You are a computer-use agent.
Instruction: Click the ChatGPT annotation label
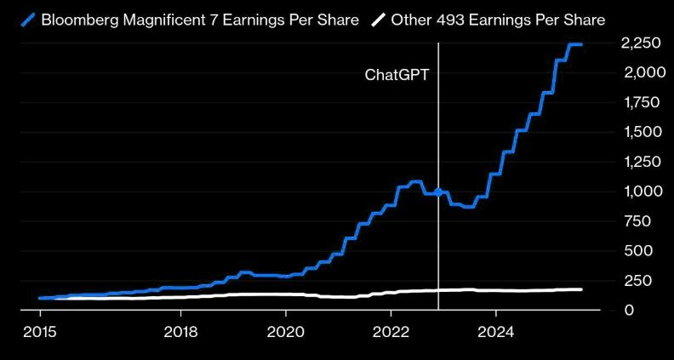coord(397,74)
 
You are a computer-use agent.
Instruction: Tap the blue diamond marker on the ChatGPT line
coord(438,192)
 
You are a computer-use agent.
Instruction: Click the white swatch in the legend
coord(378,19)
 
